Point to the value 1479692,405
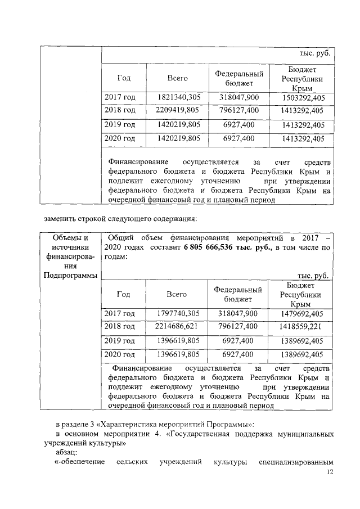click(298, 313)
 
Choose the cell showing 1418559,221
click(298, 326)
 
